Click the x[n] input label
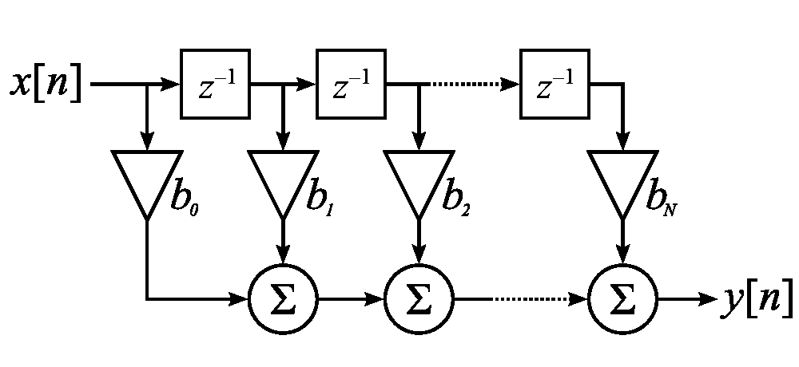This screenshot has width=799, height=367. click(46, 84)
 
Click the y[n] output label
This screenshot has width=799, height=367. click(757, 299)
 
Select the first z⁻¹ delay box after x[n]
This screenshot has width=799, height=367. click(215, 84)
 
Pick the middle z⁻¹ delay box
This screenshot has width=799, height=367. click(351, 84)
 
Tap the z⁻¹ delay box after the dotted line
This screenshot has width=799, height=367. click(555, 84)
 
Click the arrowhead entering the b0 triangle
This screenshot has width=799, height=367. click(147, 141)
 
